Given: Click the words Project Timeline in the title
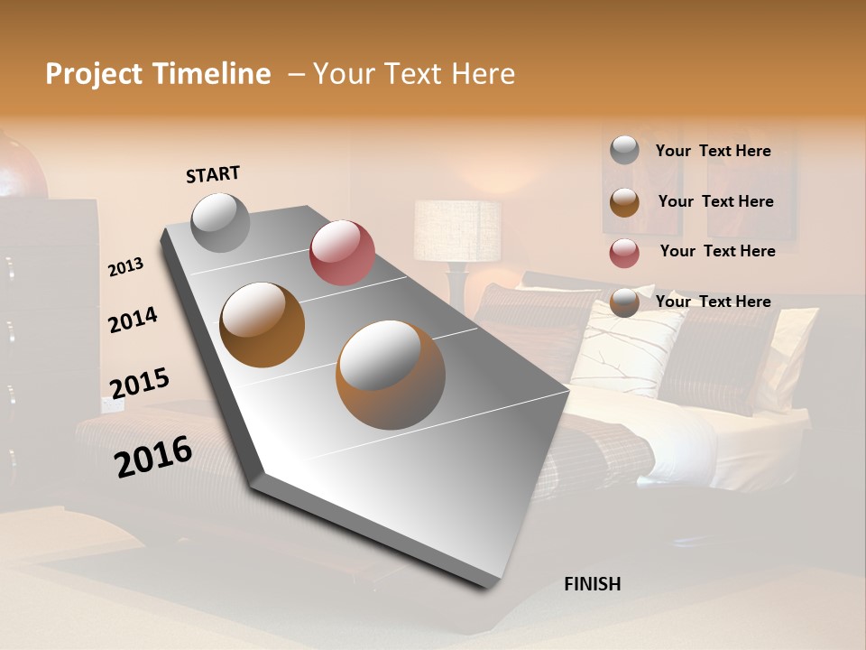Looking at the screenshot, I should coord(158,74).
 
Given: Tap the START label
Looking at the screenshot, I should coord(213,174).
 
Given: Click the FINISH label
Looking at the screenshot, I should coord(593,584).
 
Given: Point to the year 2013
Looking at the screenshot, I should coord(125,267).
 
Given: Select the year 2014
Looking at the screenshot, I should coord(133,320).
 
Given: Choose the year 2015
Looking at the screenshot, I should coord(139,383).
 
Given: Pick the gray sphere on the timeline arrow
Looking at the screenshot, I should coord(220,222).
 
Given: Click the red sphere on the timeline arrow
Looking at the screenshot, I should coord(342,253).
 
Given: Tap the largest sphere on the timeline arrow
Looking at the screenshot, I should coord(391,375).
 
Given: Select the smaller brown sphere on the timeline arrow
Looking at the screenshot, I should coord(263,325).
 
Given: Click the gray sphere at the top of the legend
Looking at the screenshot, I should coord(624,150).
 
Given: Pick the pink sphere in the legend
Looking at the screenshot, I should coord(624,253).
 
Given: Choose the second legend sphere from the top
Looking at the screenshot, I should coord(624,202).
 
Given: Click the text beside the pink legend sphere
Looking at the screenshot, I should coord(717,251).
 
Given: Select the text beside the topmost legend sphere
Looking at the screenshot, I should coord(713,151).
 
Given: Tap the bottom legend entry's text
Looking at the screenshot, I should coord(713,302).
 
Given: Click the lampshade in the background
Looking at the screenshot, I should coord(456,230).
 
